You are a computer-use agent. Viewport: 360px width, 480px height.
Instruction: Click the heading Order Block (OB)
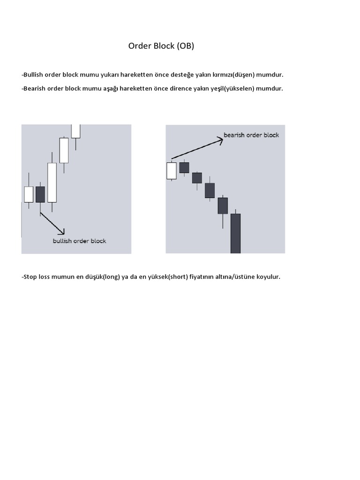coord(161,46)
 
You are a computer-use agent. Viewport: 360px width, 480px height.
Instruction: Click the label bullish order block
coord(79,241)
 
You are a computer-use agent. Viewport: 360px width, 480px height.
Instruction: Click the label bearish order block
coord(251,135)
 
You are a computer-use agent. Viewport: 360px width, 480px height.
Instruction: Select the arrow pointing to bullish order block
coord(52,223)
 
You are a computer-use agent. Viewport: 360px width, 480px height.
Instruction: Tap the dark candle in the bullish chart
coord(40,194)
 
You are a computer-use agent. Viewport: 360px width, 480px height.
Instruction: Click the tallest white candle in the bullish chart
coord(52,182)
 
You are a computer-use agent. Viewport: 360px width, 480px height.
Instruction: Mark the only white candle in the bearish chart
coord(172,171)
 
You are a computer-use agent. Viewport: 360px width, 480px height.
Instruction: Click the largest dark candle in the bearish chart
coord(235,233)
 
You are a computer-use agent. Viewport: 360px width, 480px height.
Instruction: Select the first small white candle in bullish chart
coord(29,194)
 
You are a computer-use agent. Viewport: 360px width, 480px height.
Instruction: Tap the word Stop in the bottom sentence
coord(30,277)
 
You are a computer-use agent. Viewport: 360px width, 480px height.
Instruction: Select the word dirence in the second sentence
coord(183,88)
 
